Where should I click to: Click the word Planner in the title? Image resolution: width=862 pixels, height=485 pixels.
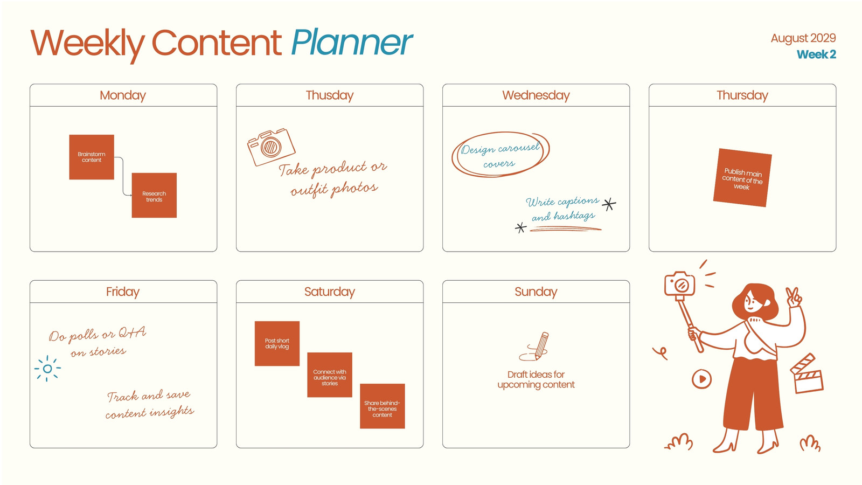(x=351, y=43)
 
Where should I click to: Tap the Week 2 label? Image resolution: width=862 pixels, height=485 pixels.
(x=816, y=54)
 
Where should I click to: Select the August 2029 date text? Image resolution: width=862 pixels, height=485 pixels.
(x=803, y=38)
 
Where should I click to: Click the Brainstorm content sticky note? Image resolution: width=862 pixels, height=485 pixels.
(x=92, y=157)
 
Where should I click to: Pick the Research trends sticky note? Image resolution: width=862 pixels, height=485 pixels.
(x=154, y=195)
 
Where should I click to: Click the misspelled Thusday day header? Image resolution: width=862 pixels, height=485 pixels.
(x=330, y=95)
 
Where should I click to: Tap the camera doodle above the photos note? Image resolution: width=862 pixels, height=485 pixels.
(x=271, y=147)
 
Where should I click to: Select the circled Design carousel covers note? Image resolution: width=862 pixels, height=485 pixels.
(x=500, y=155)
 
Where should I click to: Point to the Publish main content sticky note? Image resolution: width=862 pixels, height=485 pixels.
(x=742, y=178)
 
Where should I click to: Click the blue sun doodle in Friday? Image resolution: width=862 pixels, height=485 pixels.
(x=47, y=369)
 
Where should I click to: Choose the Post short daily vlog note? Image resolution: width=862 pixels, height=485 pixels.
(x=277, y=343)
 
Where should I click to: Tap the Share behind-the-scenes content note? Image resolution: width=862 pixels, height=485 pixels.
(x=382, y=406)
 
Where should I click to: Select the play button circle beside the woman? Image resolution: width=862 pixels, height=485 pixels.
(x=701, y=379)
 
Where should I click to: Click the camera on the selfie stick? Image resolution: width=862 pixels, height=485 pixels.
(x=679, y=284)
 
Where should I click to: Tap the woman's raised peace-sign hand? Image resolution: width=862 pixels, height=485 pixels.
(x=794, y=297)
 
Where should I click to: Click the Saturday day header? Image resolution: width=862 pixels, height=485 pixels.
(x=330, y=292)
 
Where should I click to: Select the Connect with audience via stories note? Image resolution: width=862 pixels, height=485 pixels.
(x=330, y=375)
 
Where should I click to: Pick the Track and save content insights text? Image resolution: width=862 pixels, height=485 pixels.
(x=150, y=404)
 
